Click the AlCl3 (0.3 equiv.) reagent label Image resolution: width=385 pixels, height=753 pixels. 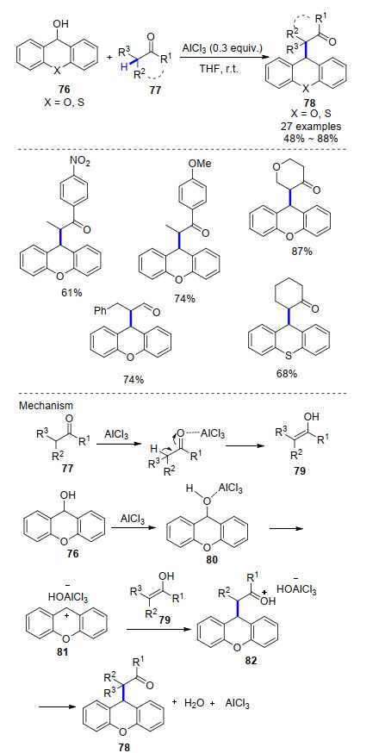tap(220, 49)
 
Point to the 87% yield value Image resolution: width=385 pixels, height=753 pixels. tap(301, 250)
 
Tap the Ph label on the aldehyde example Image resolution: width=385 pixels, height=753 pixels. tap(99, 311)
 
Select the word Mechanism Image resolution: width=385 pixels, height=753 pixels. tap(40, 406)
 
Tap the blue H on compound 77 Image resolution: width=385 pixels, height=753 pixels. tap(124, 68)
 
